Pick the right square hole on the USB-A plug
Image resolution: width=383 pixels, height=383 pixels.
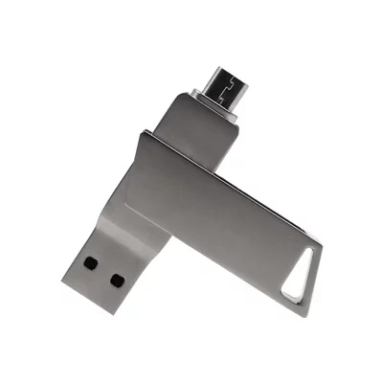(117, 281)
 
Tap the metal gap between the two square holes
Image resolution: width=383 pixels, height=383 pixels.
(103, 270)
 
